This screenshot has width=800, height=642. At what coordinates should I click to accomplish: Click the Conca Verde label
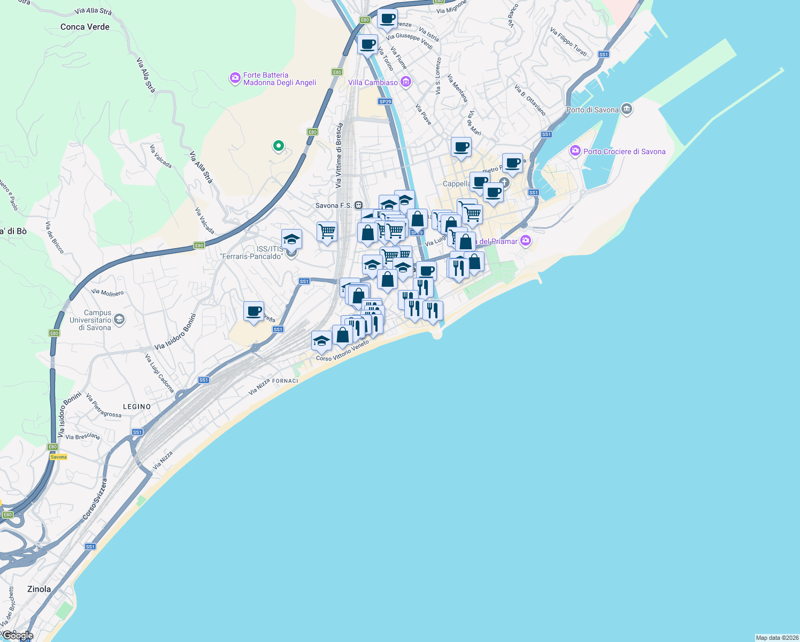[84, 27]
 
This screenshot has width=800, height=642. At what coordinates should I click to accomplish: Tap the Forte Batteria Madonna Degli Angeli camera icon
[235, 79]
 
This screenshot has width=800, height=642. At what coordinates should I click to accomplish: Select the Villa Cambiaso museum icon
[406, 82]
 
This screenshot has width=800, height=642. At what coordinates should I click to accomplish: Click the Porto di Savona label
[592, 110]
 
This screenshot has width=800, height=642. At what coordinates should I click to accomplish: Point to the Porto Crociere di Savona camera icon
[575, 151]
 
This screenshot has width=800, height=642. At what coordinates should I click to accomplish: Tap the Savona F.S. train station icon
[358, 205]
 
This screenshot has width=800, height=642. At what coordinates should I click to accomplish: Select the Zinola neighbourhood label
[39, 589]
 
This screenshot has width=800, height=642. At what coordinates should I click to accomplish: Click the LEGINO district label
[137, 407]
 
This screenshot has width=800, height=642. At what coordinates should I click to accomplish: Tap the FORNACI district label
[285, 381]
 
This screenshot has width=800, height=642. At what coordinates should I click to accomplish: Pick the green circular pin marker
[278, 145]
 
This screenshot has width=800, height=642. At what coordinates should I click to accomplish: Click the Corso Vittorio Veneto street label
[342, 351]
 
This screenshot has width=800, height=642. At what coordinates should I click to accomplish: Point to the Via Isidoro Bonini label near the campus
[175, 332]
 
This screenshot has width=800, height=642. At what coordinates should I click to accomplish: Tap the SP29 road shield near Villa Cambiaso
[385, 101]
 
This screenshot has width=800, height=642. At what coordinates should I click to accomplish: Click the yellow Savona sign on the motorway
[59, 457]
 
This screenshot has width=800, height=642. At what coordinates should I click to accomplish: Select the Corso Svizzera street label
[95, 499]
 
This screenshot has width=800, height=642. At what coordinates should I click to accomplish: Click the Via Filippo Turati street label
[568, 42]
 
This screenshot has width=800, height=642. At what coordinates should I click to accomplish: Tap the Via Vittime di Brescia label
[339, 156]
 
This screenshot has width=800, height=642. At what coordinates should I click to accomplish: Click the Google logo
[17, 636]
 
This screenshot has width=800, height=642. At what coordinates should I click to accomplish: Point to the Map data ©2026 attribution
[777, 638]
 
